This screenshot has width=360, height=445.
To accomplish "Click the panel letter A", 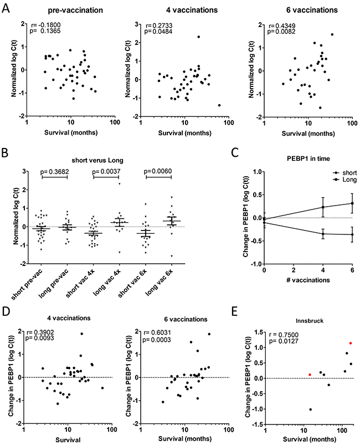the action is coord(6,8).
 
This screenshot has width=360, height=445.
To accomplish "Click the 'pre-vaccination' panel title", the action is coord(75,11).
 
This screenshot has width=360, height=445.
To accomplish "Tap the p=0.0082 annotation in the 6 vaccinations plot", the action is coord(281,32).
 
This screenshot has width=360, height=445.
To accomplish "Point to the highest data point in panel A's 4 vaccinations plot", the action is coord(199,37).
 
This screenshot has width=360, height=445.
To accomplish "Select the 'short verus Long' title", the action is coord(97,160).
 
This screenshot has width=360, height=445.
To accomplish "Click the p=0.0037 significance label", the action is coord(106,171).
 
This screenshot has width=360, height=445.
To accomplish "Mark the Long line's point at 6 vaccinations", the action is coord(352,203).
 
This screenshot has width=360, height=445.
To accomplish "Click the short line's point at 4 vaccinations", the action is coord(323,234).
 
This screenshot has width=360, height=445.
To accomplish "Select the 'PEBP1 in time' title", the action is coord(308,158).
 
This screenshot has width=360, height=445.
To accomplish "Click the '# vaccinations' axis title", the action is coord(308,280).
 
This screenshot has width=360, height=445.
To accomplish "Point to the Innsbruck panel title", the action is coord(310,321).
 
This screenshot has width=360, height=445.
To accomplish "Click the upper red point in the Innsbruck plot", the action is coord(351,343).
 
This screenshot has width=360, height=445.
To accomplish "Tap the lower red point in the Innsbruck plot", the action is coord(310,375).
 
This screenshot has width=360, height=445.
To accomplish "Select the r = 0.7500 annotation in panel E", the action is coord(284,335).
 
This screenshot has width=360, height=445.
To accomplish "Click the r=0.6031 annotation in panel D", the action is coord(157,333).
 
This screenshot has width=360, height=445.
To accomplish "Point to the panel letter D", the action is coord(6,311).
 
